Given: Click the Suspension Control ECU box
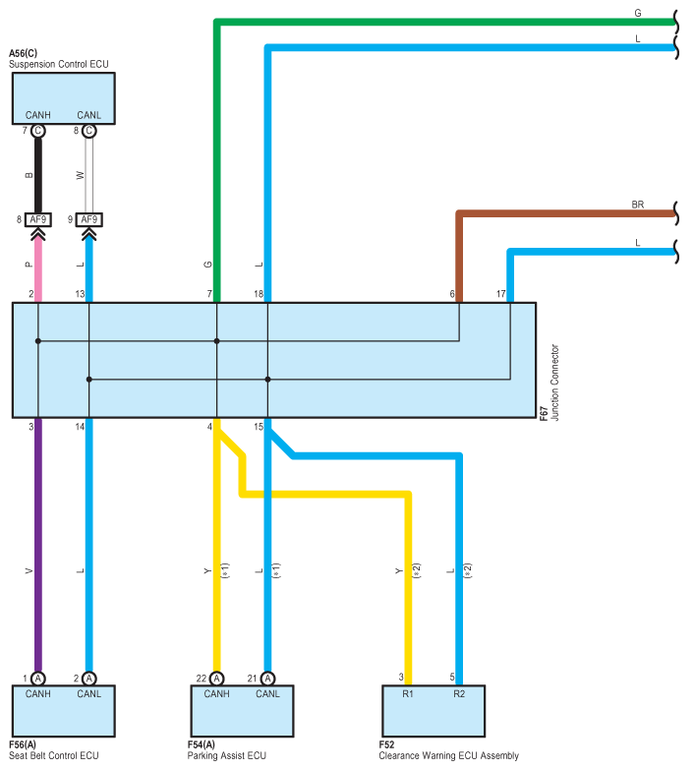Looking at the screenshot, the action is coord(63,98).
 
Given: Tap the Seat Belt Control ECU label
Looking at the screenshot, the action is coord(53,755).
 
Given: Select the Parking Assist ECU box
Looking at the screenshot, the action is coord(242,711).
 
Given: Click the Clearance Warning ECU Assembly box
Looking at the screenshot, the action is coord(434,711).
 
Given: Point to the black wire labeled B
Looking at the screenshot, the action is coord(37,175).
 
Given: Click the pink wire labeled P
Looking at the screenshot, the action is coord(37,271).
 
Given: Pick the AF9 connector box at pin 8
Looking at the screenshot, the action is coord(37,219).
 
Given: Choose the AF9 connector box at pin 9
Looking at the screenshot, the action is coord(88,219).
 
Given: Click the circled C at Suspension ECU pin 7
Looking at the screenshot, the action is coord(37,131).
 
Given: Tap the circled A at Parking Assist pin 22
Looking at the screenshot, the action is coord(216,679).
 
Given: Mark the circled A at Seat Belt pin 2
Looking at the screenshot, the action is coord(88,679).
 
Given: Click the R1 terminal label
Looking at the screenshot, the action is coord(408,694).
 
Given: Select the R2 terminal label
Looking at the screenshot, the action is coord(459,694).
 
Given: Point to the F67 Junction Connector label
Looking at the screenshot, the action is coord(550,383).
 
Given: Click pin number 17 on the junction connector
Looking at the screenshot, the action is coord(500,294).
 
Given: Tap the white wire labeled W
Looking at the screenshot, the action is coord(88,175).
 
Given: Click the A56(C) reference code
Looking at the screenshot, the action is coord(23,53).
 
